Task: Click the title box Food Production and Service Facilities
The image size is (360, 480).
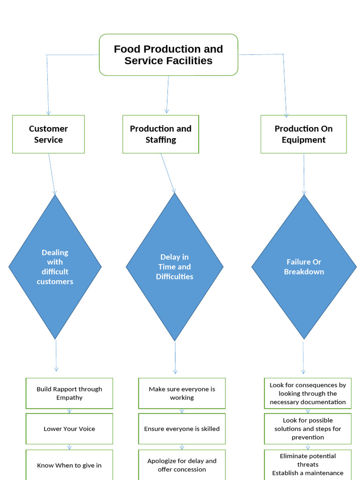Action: coord(168,55)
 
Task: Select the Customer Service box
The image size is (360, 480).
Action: coord(48,134)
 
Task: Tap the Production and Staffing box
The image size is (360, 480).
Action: coord(160,134)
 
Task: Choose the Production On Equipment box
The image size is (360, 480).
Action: coord(303,134)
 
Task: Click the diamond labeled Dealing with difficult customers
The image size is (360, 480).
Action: coord(55,267)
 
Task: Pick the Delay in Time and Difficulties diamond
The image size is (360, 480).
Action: coord(174,267)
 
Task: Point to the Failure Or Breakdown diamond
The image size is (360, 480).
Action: coord(304,267)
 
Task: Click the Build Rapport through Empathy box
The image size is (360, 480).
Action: coord(69,393)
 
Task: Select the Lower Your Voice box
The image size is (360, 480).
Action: coord(69,428)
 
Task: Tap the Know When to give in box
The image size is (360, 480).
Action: coord(69,465)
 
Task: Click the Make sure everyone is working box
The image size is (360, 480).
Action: coord(182,393)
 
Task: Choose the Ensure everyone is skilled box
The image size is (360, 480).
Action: coord(182,428)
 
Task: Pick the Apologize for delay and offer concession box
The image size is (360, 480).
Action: coord(182,465)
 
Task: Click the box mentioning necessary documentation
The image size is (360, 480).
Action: coord(307,393)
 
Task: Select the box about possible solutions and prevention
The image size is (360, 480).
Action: coord(307,428)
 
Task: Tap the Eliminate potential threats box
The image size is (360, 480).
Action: coord(307,464)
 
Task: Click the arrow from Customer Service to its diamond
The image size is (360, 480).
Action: coord(52,173)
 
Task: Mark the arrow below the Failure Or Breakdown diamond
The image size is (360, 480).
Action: coord(303,357)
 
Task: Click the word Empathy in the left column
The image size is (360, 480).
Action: coord(69,397)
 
